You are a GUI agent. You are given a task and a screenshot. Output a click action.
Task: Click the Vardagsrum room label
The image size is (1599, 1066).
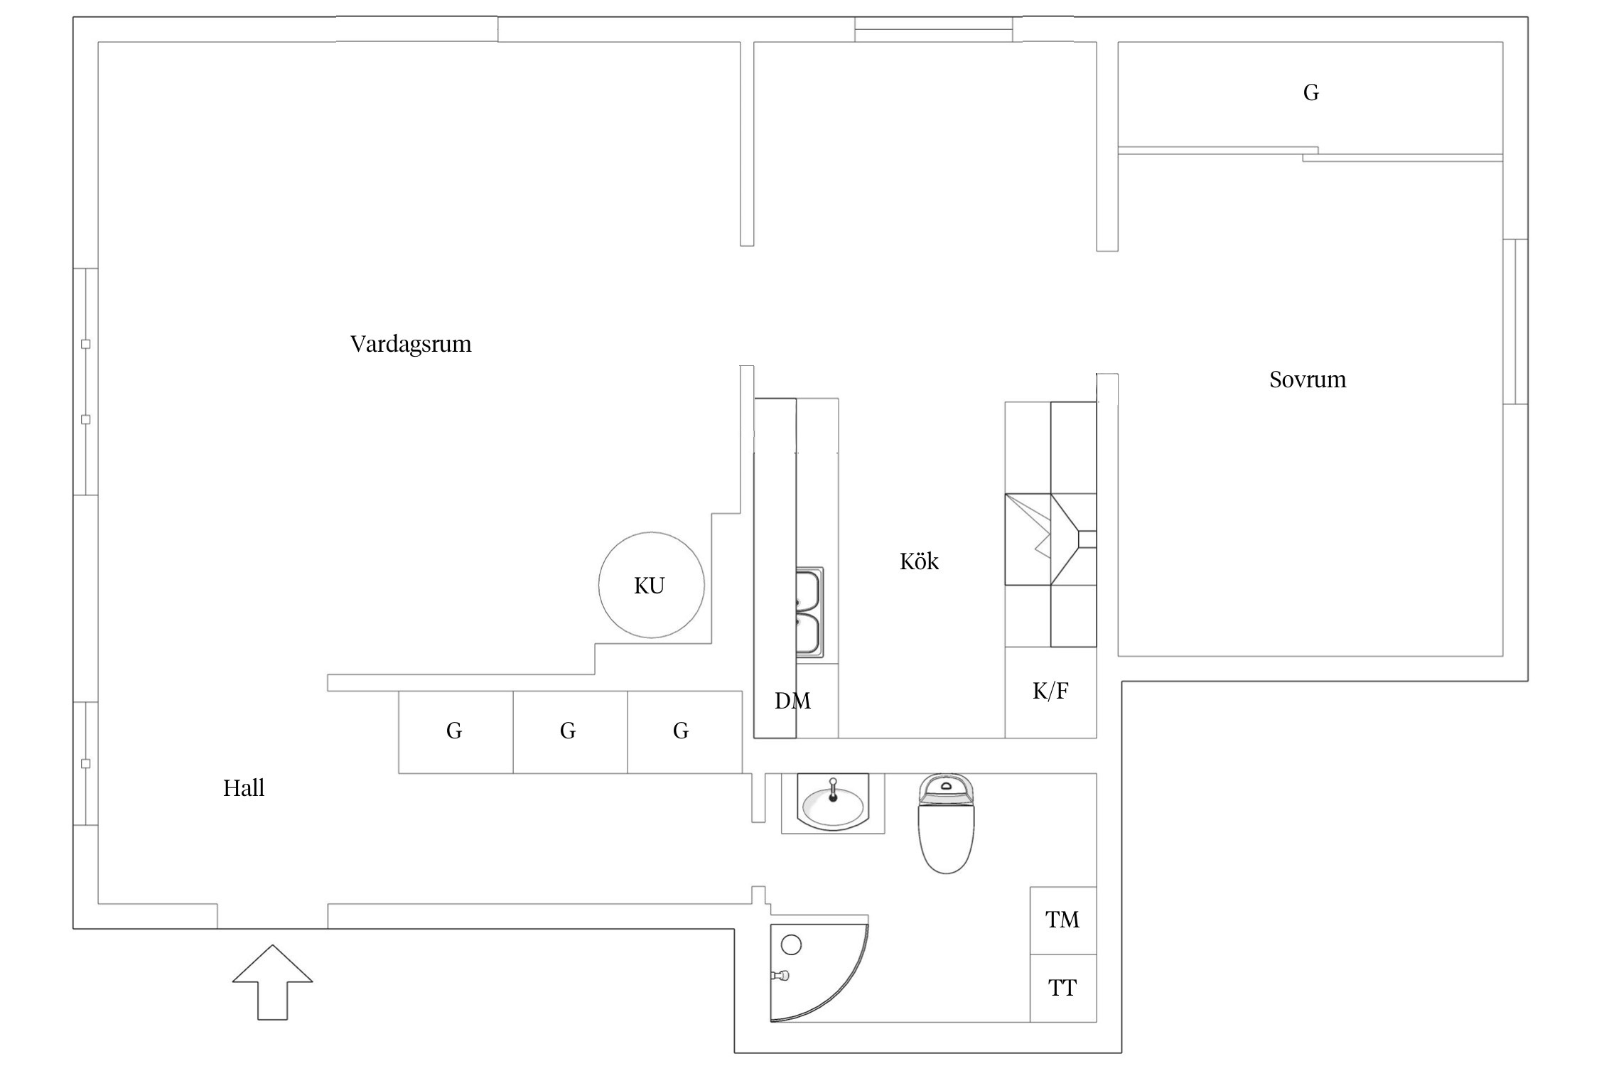[411, 344]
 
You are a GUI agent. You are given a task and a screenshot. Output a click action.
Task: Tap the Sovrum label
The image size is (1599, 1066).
[1307, 379]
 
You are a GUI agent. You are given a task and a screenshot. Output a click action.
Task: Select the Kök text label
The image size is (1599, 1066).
[918, 561]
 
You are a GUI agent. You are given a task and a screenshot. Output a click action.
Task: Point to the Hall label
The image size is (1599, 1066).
[243, 787]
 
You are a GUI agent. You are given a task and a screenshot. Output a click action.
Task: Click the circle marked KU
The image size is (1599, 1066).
[651, 585]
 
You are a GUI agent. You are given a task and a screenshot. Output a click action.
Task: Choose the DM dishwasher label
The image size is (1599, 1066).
[792, 701]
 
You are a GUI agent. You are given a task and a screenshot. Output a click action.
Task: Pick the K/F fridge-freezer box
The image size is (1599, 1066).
[1050, 691]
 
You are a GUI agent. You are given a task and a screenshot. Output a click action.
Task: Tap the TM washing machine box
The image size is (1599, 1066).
[1062, 920]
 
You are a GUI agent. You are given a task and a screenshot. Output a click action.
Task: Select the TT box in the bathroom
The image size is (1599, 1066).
[1062, 988]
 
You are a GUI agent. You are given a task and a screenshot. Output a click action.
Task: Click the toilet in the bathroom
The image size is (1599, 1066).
[946, 824]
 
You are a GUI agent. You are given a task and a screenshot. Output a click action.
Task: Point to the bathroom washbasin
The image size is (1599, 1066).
[833, 803]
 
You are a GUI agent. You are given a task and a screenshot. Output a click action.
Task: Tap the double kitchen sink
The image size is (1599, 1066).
[809, 611]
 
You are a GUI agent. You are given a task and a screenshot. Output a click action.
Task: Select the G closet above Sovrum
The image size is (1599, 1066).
[1310, 93]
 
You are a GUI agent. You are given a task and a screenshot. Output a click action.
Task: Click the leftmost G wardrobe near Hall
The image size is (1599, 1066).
[455, 731]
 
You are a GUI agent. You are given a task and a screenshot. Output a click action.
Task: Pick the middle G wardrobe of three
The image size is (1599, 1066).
[569, 731]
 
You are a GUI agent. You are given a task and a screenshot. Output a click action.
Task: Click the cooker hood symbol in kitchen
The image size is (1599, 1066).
[1050, 539]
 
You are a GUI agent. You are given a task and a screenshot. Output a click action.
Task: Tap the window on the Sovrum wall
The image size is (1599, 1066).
[1515, 321]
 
